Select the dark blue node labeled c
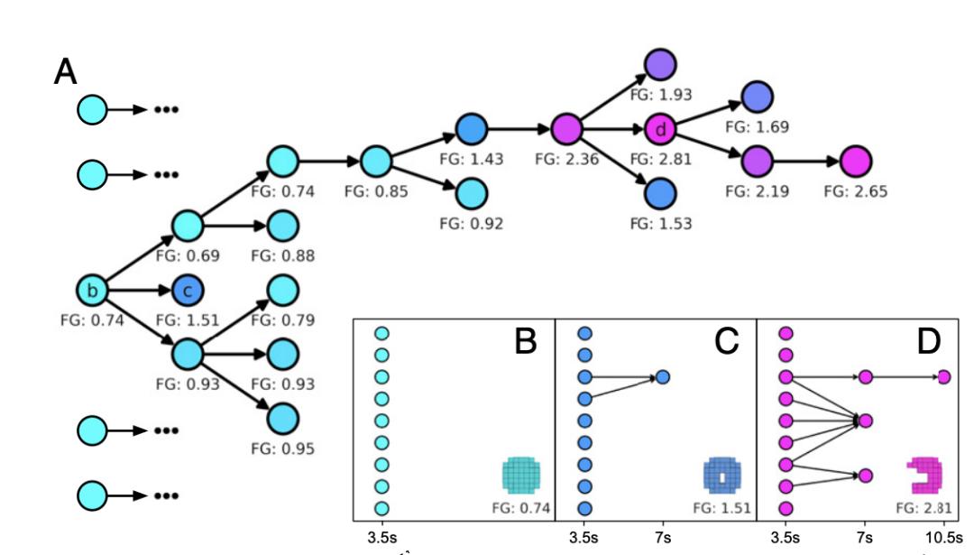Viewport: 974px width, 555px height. click(x=188, y=291)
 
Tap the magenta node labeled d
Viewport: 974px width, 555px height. click(x=661, y=130)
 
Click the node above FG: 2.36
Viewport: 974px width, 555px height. click(x=565, y=130)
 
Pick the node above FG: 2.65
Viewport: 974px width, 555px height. click(x=855, y=162)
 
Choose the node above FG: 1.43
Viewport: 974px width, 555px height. click(x=470, y=130)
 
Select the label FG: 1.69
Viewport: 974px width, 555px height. click(x=758, y=127)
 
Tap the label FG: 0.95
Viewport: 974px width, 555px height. click(x=282, y=449)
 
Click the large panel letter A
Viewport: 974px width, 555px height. click(x=65, y=71)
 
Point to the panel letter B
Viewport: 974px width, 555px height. click(x=527, y=341)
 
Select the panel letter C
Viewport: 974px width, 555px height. click(x=726, y=341)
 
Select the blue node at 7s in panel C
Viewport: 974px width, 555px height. click(x=663, y=377)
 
